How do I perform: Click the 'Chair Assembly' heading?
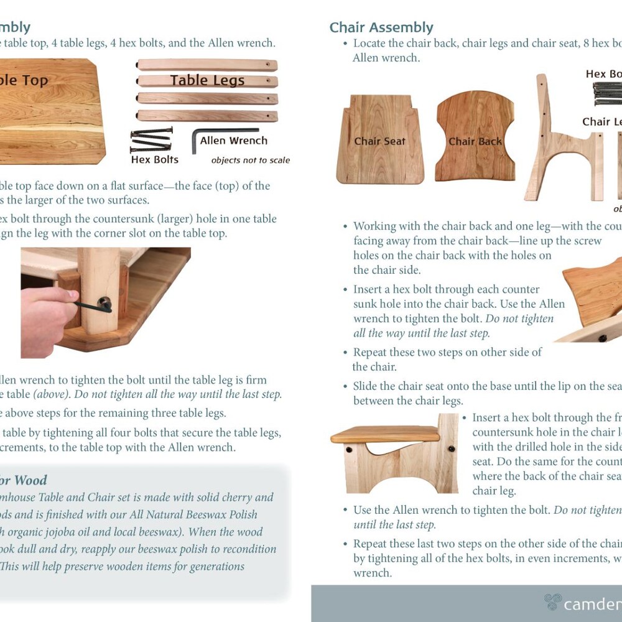[x=381, y=27]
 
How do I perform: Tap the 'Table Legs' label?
[x=207, y=80]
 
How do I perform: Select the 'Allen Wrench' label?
[x=233, y=141]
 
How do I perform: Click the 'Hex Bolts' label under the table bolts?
[x=154, y=160]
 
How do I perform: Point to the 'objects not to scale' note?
[x=250, y=160]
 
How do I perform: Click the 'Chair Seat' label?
[x=379, y=141]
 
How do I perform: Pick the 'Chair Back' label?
[x=475, y=142]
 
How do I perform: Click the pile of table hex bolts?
[x=151, y=140]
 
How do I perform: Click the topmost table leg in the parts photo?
[x=207, y=65]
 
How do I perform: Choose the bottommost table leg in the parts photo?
[x=207, y=115]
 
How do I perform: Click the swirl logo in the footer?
[x=552, y=601]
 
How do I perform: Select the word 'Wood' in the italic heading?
[x=30, y=480]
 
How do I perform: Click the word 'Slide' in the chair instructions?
[x=367, y=386]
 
